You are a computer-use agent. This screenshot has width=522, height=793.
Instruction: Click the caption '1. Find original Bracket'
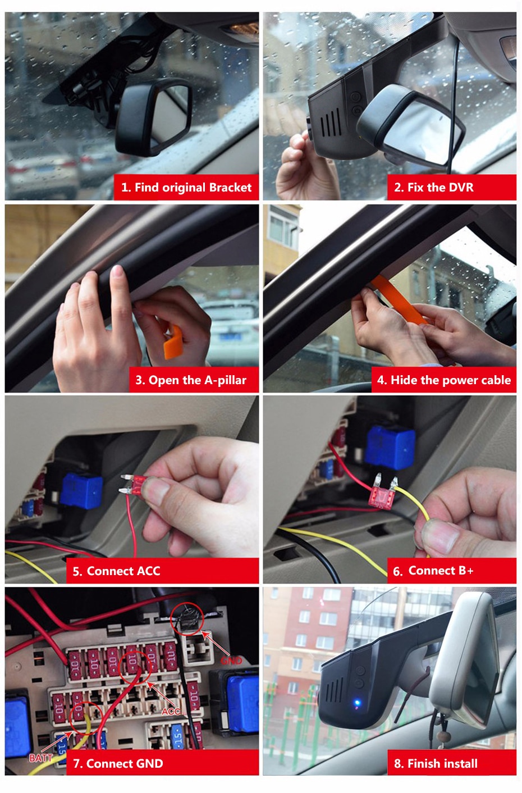point(186,187)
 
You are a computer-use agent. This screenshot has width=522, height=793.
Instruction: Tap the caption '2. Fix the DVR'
point(433,187)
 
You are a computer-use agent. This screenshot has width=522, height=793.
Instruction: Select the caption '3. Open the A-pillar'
point(191,380)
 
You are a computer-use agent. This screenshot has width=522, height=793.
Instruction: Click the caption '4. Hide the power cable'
point(444,380)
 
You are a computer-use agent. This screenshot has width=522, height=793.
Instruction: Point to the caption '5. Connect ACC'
point(116,571)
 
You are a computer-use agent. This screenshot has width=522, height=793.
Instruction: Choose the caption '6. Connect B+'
point(433,571)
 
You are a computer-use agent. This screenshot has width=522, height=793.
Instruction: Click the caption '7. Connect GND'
point(118,763)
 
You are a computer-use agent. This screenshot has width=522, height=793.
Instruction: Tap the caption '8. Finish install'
point(436,763)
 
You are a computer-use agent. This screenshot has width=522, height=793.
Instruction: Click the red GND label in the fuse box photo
point(231,660)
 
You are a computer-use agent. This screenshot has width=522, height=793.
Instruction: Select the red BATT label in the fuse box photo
point(41,758)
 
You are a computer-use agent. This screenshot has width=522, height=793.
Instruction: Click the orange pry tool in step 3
point(172,342)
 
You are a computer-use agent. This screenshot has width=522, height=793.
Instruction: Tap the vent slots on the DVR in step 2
point(331,122)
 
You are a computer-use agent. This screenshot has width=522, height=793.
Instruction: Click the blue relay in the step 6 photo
point(390,448)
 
